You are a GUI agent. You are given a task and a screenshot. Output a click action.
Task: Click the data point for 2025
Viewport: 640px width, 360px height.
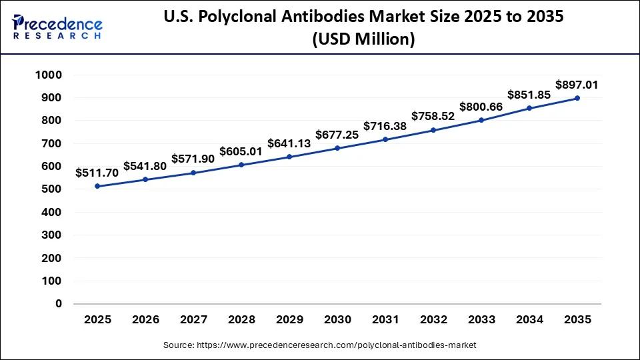[x=97, y=186]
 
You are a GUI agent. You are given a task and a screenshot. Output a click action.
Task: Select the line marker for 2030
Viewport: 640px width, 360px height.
[x=337, y=148]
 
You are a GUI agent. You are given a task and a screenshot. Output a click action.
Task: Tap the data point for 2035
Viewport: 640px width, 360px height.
[x=577, y=98]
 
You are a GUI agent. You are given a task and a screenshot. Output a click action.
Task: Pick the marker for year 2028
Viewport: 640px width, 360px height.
[x=241, y=165]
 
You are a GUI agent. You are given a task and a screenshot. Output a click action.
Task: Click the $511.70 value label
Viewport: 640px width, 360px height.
[x=97, y=173]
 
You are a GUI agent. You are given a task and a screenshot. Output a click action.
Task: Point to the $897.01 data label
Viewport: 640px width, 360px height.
[x=577, y=85]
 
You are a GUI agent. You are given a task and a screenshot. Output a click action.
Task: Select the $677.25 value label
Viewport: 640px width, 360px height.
[x=337, y=135]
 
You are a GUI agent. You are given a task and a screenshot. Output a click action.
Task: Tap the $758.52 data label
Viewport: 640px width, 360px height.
[x=433, y=116]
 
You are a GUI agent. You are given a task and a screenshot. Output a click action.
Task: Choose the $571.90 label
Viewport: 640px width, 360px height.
[x=193, y=159]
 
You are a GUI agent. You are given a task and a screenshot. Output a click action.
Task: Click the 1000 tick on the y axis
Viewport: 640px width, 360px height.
[x=49, y=75]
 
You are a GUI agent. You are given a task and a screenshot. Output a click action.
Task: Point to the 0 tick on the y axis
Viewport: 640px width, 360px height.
[x=59, y=303]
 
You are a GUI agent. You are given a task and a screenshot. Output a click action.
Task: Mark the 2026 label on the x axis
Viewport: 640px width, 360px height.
[x=145, y=319]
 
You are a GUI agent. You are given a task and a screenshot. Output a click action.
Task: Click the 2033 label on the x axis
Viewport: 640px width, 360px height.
[x=481, y=319]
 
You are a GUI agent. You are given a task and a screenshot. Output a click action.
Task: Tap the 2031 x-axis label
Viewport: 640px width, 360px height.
[x=385, y=319]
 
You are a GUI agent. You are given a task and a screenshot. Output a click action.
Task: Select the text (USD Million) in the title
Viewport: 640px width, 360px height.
[x=363, y=40]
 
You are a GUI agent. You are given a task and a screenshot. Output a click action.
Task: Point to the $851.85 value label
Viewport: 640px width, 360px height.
[x=529, y=95]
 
